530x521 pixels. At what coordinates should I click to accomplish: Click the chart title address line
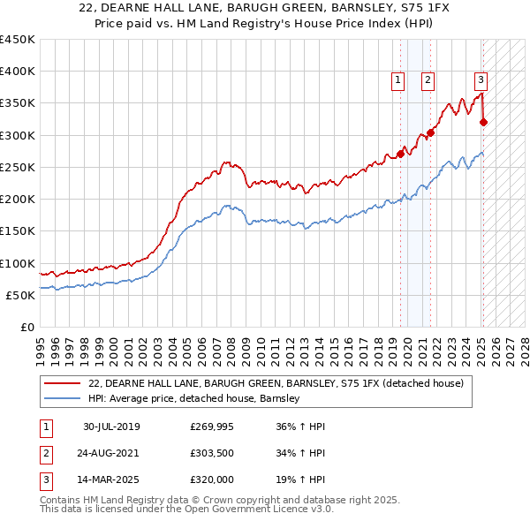point(265,9)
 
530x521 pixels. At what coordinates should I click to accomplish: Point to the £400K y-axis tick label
point(18,72)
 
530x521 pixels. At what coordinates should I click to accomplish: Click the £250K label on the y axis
point(18,167)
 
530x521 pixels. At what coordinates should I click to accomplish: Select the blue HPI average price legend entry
point(194,398)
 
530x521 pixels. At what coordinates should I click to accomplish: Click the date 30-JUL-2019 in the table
point(111,427)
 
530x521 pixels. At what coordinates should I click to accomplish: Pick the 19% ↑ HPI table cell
point(300,479)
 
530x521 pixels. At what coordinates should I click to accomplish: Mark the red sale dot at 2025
point(483,122)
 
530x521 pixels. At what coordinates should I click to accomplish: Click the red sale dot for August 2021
point(430,133)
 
